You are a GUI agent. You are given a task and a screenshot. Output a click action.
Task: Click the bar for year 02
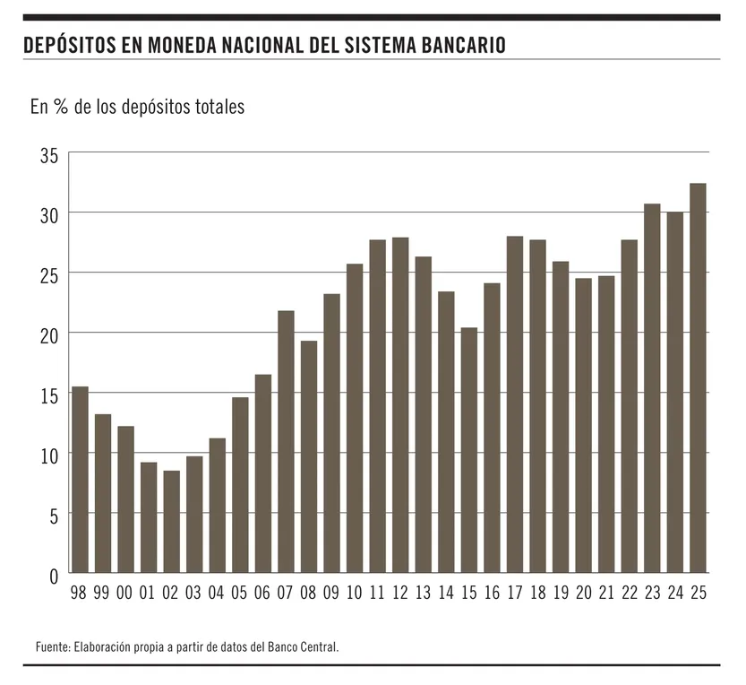[171, 521]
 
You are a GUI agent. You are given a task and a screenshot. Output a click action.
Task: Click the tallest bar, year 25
[698, 377]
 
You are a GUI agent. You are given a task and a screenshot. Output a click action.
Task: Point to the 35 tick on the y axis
[48, 155]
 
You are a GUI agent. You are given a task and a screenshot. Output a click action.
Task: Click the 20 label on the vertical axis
[48, 334]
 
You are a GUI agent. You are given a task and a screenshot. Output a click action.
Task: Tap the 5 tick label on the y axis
[53, 516]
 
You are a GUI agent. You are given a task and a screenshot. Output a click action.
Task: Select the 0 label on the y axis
[53, 575]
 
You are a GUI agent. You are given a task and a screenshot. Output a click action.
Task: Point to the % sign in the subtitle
[61, 108]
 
